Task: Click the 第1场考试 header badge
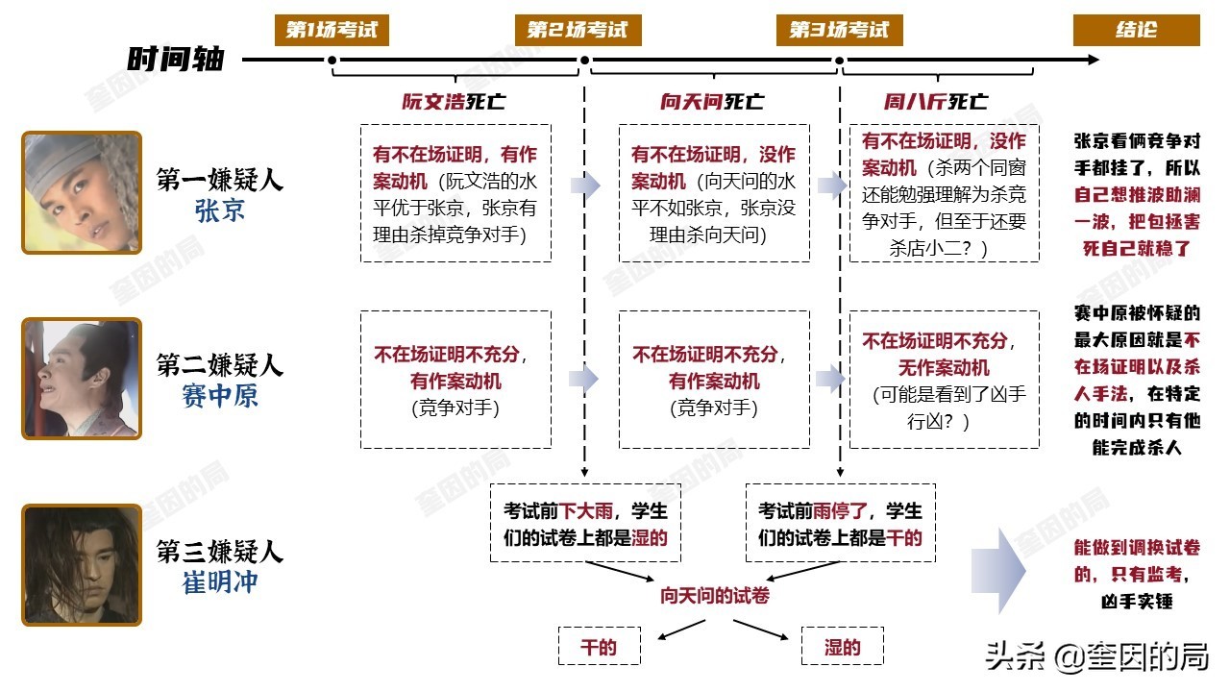[332, 30]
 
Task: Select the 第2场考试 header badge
[578, 30]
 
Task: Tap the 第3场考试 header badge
[840, 30]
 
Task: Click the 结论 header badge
[1136, 30]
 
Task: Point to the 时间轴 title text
[175, 60]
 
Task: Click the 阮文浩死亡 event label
[454, 102]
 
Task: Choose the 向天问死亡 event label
[712, 102]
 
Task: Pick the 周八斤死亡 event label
[935, 102]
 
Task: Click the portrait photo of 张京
[82, 192]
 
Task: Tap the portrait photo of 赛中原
[82, 379]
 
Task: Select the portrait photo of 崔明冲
[82, 564]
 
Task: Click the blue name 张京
[220, 210]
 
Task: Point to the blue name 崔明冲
[220, 582]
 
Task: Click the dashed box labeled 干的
[600, 647]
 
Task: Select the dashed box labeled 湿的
[842, 647]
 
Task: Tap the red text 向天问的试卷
[714, 596]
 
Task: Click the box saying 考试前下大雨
[585, 523]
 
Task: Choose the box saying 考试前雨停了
[840, 523]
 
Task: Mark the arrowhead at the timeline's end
[1094, 60]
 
